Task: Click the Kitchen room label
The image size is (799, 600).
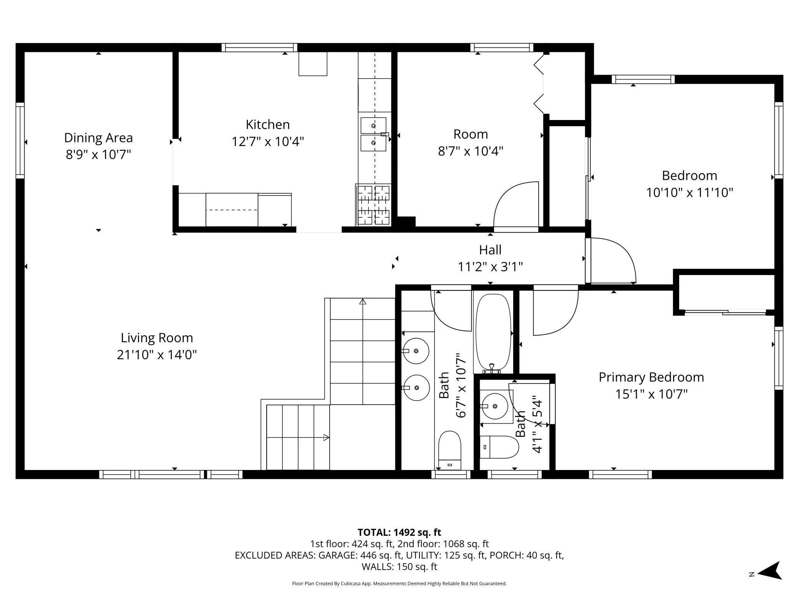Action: coord(268,125)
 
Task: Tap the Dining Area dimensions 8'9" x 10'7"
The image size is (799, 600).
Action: coord(98,155)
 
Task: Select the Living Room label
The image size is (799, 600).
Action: coord(157,338)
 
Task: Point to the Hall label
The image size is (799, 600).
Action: coord(490,250)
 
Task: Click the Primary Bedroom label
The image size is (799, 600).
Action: coord(651,377)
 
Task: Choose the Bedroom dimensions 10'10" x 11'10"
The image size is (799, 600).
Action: coord(690,192)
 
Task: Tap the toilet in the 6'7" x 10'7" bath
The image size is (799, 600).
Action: coord(449,450)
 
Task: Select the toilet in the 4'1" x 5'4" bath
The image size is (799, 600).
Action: coord(499,447)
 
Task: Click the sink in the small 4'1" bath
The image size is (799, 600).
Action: coord(495,406)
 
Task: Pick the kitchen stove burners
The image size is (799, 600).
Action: coord(373,205)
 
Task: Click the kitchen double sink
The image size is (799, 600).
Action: coord(373,134)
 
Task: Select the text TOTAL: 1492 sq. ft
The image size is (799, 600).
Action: coord(399,532)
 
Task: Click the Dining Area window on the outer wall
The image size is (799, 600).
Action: coord(20,140)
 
